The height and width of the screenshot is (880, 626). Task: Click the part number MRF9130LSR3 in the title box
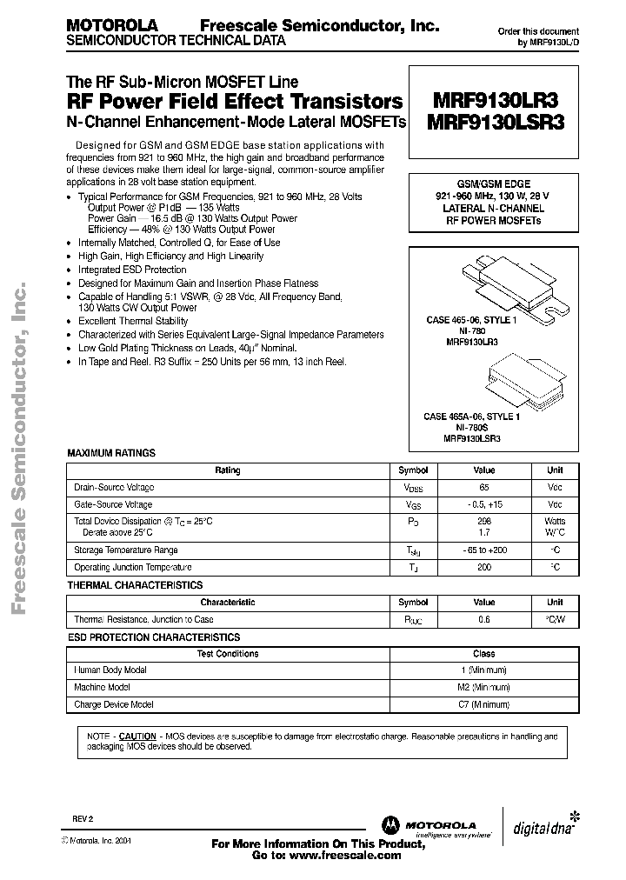click(x=496, y=123)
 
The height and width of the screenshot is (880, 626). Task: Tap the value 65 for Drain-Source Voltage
click(x=483, y=488)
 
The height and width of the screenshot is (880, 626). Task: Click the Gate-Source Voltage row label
click(x=113, y=504)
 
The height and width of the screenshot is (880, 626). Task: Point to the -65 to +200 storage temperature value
click(x=483, y=550)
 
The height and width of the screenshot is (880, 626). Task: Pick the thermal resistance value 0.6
click(x=483, y=620)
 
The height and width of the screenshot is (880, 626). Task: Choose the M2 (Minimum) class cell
click(x=483, y=687)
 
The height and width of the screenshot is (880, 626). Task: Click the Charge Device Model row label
click(x=114, y=704)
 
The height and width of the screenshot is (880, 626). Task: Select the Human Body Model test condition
click(x=110, y=670)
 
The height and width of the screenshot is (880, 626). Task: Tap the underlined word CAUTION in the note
click(x=137, y=736)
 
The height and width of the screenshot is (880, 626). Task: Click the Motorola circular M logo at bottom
click(x=389, y=824)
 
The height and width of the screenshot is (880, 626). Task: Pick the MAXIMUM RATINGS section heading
click(x=111, y=453)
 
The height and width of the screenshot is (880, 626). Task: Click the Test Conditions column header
click(x=228, y=654)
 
